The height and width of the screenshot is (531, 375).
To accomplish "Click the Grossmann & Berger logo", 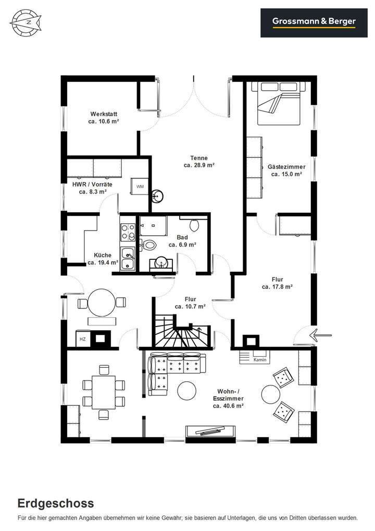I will [314, 22].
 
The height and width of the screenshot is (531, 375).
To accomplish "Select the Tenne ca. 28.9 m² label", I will [199, 162].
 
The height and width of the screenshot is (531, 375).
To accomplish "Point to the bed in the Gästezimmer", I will [278, 103].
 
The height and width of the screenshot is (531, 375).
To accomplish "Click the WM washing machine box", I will [140, 186].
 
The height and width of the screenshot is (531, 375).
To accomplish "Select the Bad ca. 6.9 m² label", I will [182, 241].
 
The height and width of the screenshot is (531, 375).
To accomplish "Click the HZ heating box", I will [82, 339].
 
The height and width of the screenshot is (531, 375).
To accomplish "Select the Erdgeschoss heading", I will [56, 504].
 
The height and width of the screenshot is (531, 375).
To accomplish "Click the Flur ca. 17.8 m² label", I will [277, 283].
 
